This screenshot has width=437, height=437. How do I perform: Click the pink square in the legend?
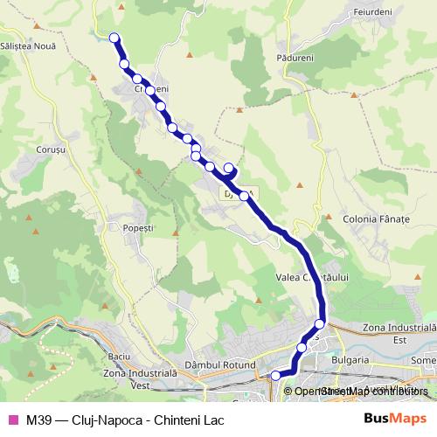click(12, 419)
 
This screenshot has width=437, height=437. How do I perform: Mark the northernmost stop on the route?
click(114, 37)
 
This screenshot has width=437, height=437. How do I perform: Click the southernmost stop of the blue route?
click(276, 376)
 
